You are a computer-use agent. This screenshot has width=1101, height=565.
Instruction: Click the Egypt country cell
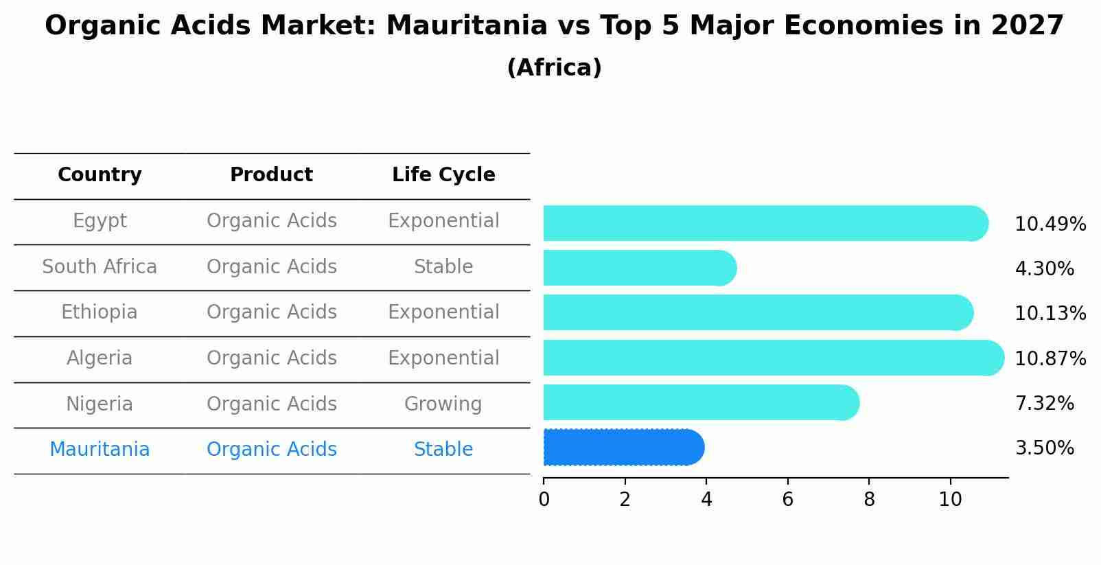click(x=100, y=221)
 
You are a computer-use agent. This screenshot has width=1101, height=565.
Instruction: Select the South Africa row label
click(x=100, y=267)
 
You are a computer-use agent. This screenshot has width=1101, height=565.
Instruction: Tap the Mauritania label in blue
click(x=100, y=450)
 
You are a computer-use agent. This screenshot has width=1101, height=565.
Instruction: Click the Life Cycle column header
click(x=443, y=175)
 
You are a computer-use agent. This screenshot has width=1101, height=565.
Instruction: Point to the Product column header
click(x=271, y=175)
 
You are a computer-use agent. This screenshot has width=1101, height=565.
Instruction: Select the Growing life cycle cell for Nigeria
click(x=443, y=404)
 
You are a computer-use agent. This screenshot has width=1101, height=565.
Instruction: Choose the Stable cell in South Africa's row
click(x=443, y=267)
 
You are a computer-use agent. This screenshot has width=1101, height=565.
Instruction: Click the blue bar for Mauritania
click(x=621, y=448)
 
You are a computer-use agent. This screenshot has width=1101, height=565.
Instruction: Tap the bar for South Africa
click(x=638, y=268)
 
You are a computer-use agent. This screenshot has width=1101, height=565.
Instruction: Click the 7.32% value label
click(x=1044, y=404)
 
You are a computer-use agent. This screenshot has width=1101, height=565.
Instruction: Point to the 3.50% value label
click(x=1044, y=449)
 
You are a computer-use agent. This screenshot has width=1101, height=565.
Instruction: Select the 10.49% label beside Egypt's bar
click(x=1050, y=224)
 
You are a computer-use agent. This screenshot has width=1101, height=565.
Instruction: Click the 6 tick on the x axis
click(x=787, y=500)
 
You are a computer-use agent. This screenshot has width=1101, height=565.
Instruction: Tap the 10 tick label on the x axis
click(x=950, y=500)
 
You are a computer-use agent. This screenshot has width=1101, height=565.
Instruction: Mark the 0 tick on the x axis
click(x=544, y=500)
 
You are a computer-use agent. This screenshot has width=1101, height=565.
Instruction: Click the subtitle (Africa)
click(x=554, y=68)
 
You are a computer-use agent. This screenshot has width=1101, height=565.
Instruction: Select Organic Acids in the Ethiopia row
click(x=271, y=312)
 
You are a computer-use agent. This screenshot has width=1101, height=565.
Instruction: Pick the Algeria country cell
click(x=100, y=358)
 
